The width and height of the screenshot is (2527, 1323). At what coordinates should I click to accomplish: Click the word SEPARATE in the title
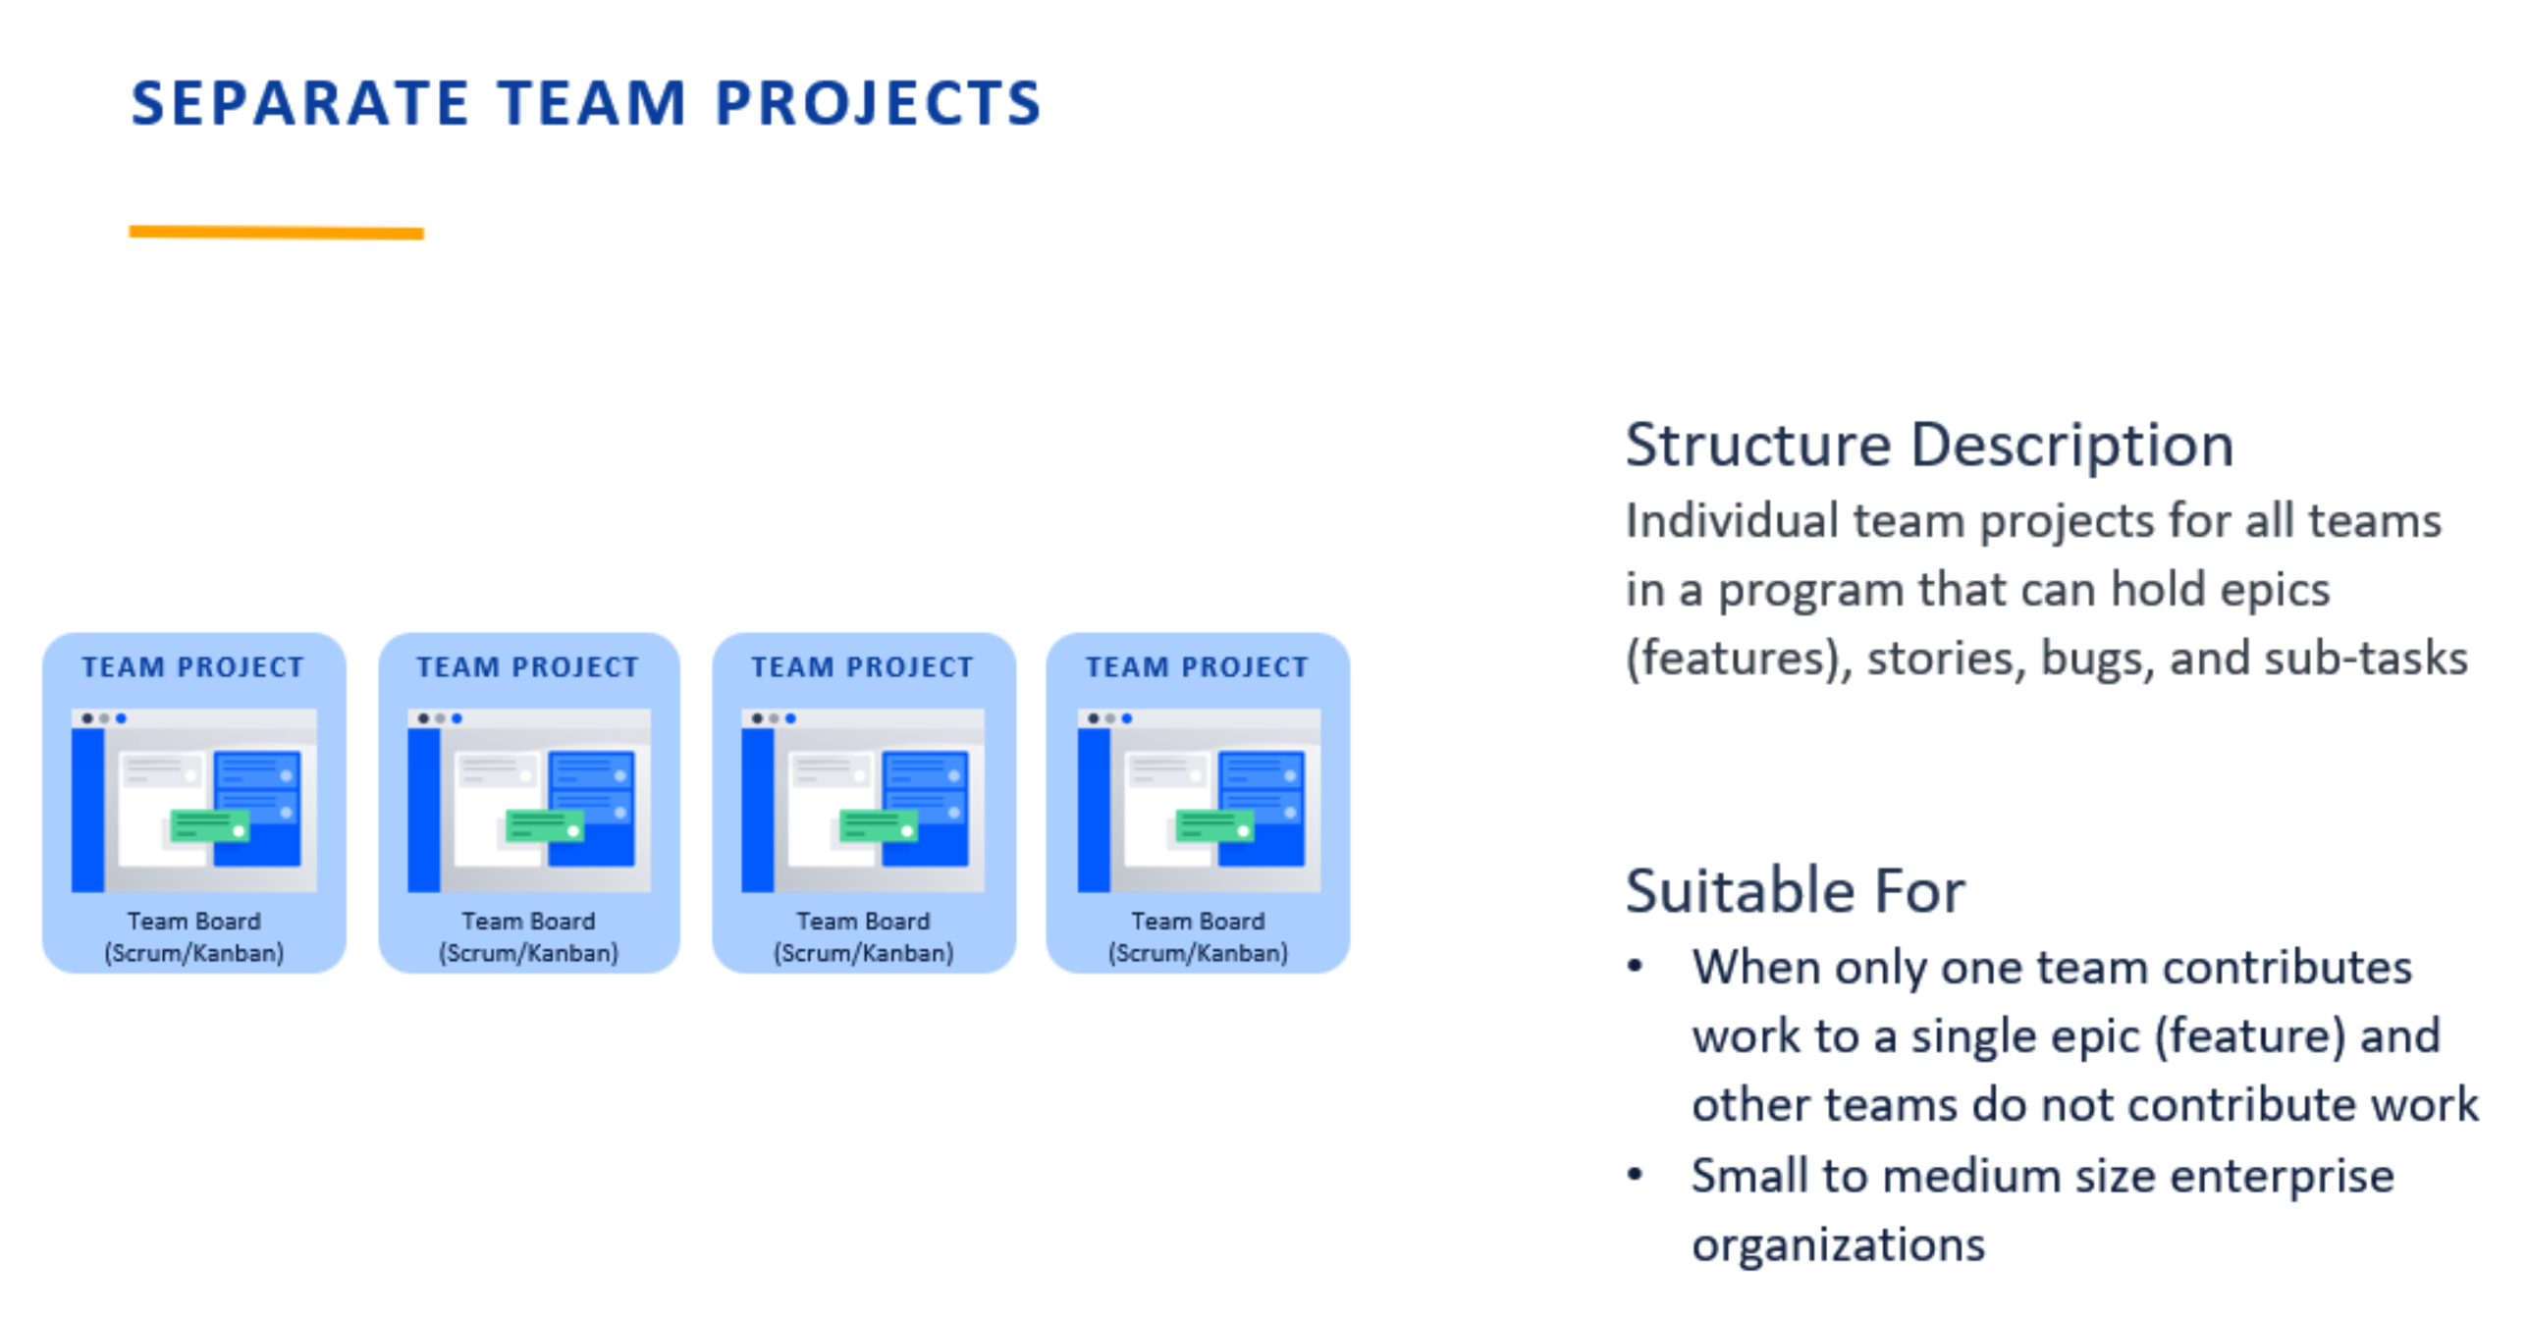pyautogui.click(x=299, y=103)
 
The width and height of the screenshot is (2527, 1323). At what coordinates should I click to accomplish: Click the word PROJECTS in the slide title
pyautogui.click(x=878, y=103)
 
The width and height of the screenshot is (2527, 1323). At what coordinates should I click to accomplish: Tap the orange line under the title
pyautogui.click(x=276, y=233)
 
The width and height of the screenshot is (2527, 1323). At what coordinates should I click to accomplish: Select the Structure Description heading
pyautogui.click(x=1928, y=446)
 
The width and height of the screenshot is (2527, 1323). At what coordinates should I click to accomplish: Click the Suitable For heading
pyautogui.click(x=1794, y=891)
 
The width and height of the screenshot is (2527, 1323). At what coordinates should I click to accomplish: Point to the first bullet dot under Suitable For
pyautogui.click(x=1635, y=967)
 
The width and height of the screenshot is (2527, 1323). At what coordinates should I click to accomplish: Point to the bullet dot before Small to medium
pyautogui.click(x=1635, y=1175)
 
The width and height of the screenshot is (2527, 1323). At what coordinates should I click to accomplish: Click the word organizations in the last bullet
pyautogui.click(x=1838, y=1244)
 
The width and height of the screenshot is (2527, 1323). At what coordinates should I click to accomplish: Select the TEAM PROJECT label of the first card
pyautogui.click(x=192, y=667)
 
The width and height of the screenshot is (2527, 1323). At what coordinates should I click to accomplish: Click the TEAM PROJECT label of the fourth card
pyautogui.click(x=1197, y=667)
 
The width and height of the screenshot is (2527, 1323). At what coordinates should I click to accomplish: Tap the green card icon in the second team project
pyautogui.click(x=544, y=826)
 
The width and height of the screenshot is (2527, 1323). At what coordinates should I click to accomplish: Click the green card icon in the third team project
pyautogui.click(x=878, y=826)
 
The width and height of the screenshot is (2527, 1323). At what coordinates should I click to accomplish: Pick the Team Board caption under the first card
pyautogui.click(x=193, y=921)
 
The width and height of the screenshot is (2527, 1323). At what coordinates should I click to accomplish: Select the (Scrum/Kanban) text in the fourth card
pyautogui.click(x=1198, y=953)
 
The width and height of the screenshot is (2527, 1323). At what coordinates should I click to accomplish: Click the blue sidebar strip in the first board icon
pyautogui.click(x=87, y=809)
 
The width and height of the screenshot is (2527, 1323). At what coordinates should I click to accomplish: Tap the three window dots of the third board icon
pyautogui.click(x=773, y=718)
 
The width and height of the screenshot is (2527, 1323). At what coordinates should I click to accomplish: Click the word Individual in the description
pyautogui.click(x=1731, y=520)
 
